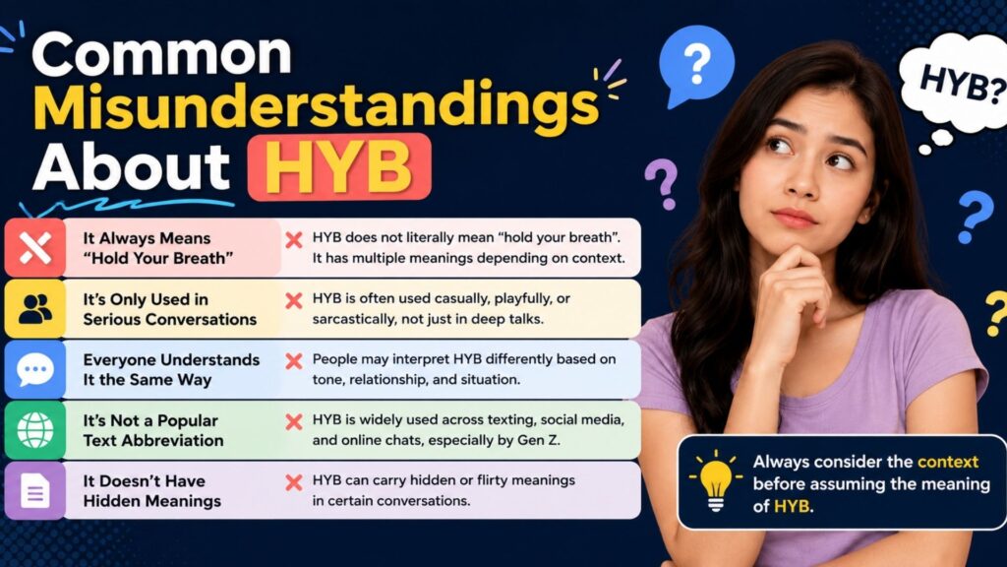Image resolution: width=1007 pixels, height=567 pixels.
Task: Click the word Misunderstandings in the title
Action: (316, 105)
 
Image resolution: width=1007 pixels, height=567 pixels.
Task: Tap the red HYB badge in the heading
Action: (339, 166)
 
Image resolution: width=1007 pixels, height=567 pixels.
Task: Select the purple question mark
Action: (662, 183)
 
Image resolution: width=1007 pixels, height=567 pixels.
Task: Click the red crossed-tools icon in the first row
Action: (35, 247)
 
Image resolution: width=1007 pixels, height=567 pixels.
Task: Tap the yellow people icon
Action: (35, 308)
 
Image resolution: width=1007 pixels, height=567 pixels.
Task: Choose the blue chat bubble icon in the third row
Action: (35, 370)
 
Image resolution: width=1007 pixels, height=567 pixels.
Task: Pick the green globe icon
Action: (35, 430)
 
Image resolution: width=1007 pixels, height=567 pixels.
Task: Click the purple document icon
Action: (35, 490)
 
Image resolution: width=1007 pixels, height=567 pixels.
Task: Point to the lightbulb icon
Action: (716, 481)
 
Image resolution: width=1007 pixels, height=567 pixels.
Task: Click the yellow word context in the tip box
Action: (948, 462)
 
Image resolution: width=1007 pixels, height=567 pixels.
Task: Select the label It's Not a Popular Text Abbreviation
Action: (153, 430)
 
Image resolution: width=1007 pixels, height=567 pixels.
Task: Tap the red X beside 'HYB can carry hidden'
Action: (294, 482)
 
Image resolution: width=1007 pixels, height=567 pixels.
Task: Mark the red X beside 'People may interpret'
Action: (294, 360)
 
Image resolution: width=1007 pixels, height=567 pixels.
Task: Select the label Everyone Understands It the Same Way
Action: (171, 370)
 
